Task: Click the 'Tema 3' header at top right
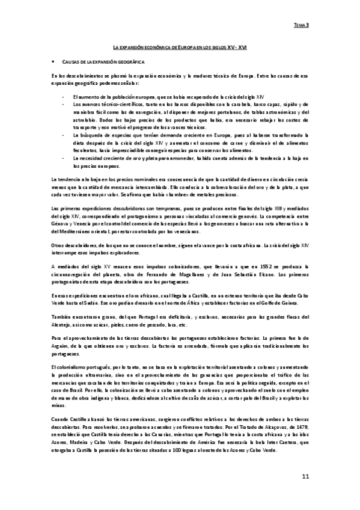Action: [301, 25]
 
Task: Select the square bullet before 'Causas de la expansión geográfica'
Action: [53, 61]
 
